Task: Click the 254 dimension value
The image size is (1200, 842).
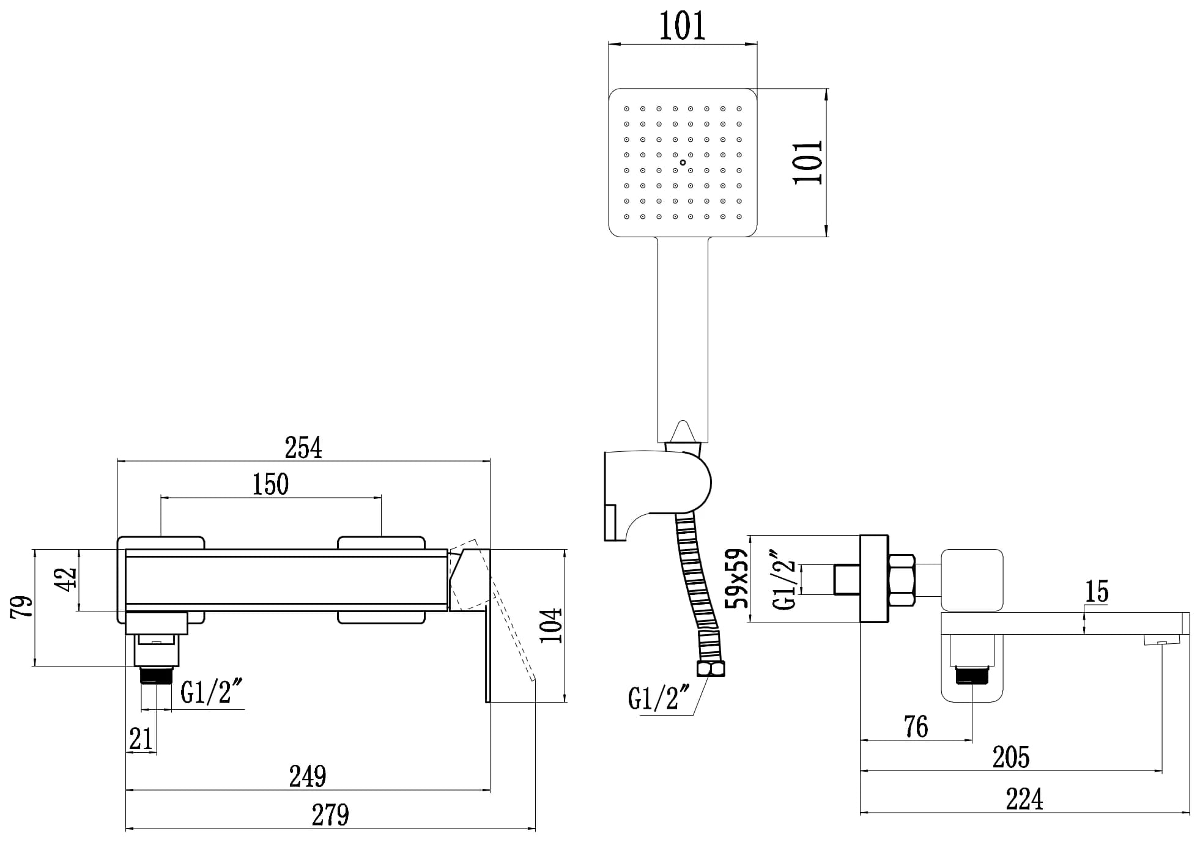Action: pyautogui.click(x=303, y=448)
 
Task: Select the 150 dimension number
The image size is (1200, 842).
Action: pyautogui.click(x=270, y=484)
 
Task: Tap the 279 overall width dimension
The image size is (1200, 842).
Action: pyautogui.click(x=330, y=815)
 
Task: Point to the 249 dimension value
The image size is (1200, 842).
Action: pyautogui.click(x=308, y=777)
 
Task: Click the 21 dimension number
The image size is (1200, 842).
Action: pyautogui.click(x=141, y=739)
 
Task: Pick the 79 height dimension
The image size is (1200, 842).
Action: pyautogui.click(x=23, y=607)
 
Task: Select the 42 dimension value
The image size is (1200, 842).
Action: pyautogui.click(x=67, y=578)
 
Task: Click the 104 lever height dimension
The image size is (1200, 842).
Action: pyautogui.click(x=551, y=625)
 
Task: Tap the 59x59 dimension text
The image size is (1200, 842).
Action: pyautogui.click(x=737, y=578)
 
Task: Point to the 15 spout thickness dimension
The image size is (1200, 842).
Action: pyautogui.click(x=1096, y=591)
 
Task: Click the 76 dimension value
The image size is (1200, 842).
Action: pyautogui.click(x=916, y=726)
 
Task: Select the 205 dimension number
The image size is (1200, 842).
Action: pyautogui.click(x=1010, y=758)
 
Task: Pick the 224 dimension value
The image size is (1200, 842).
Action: pyautogui.click(x=1024, y=799)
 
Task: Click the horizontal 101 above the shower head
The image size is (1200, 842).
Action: pyautogui.click(x=682, y=26)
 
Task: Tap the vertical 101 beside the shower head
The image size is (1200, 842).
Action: pyautogui.click(x=808, y=163)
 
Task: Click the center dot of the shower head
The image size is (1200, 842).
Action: pyautogui.click(x=683, y=163)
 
